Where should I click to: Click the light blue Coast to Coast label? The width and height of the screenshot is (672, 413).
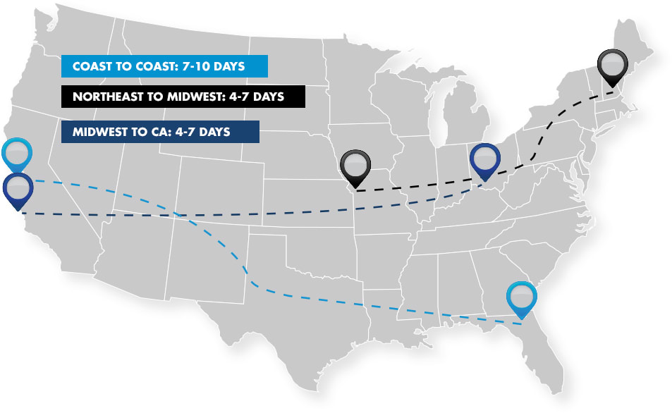(165, 66)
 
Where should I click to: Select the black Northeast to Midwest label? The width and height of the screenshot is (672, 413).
(183, 97)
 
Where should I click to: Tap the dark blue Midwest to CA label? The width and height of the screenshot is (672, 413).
(160, 131)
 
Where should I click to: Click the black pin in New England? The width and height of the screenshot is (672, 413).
(611, 66)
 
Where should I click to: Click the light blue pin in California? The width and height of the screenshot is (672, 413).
(17, 154)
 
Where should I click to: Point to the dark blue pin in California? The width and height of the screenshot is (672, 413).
(17, 189)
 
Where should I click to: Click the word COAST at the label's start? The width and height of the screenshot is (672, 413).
(90, 67)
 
